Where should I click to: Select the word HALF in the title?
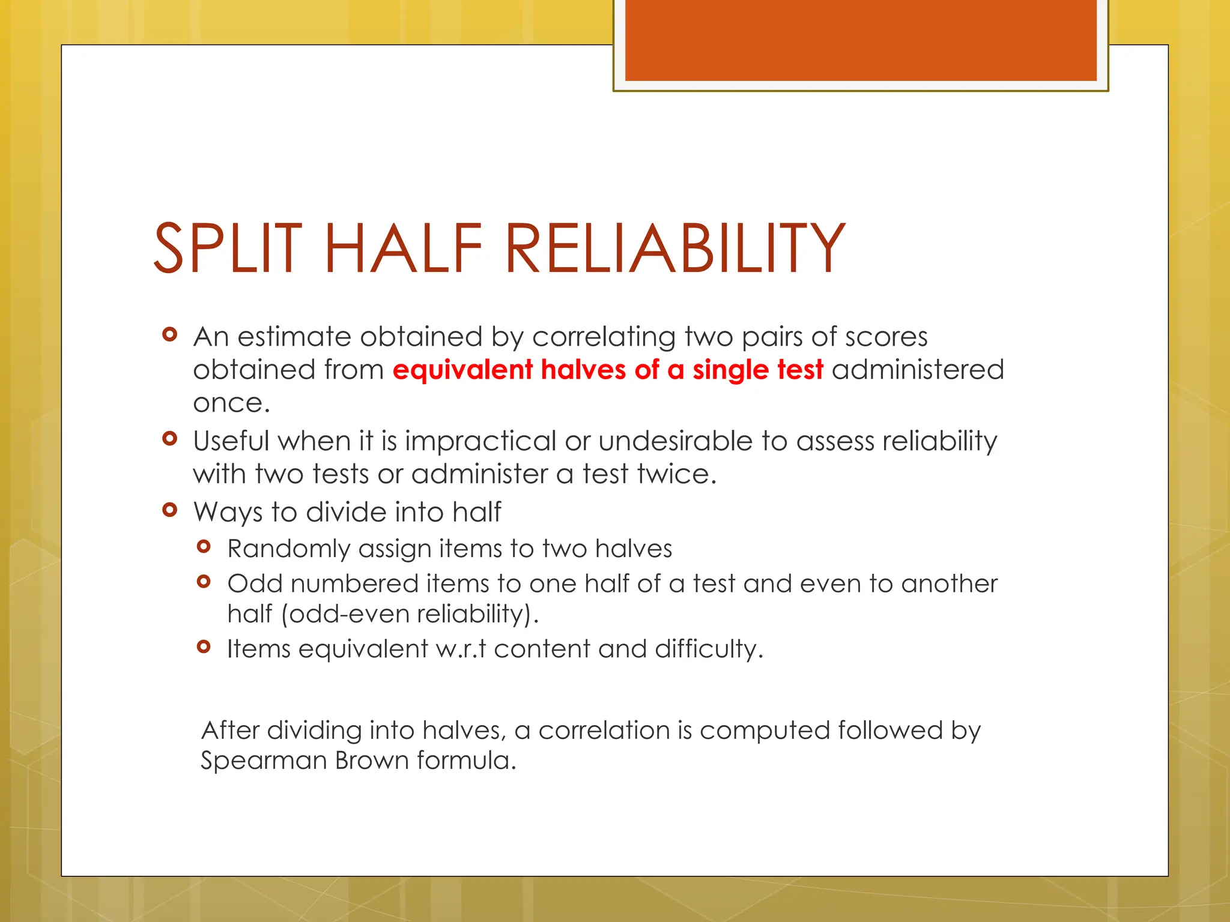tap(403, 248)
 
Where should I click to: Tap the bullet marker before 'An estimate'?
tap(170, 334)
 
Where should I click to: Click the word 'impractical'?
tap(480, 442)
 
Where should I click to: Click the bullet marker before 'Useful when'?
tap(170, 439)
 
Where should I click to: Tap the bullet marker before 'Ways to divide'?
tap(170, 510)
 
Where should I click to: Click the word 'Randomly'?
tap(288, 549)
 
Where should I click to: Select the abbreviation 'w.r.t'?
tap(461, 649)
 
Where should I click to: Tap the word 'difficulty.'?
tap(709, 649)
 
